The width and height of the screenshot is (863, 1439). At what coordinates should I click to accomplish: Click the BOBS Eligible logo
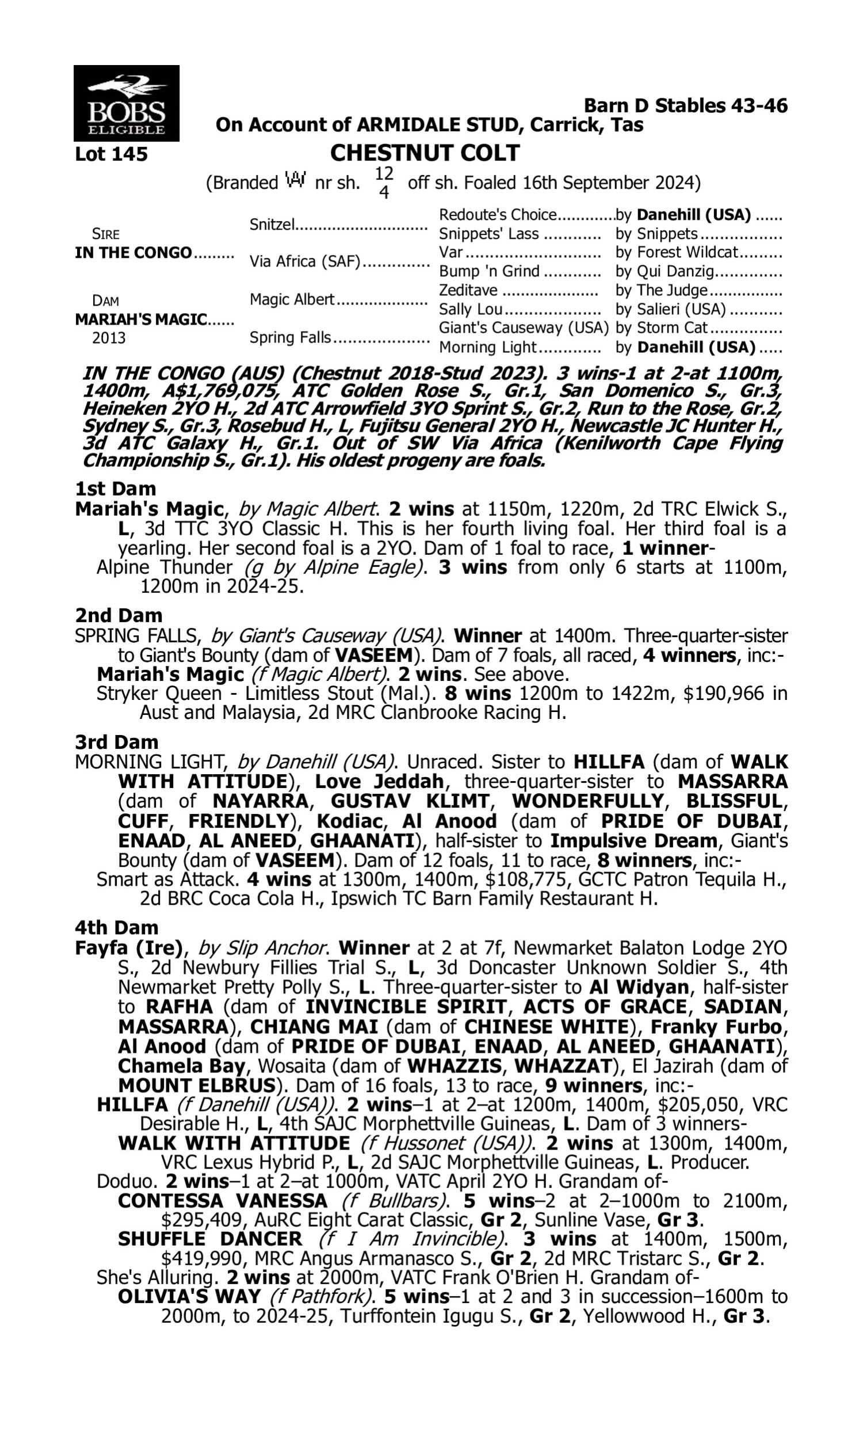126,103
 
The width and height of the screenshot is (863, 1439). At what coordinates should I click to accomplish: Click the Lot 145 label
111,154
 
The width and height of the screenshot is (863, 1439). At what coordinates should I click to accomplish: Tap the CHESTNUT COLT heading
425,153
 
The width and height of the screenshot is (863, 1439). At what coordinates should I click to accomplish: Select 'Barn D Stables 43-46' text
686,106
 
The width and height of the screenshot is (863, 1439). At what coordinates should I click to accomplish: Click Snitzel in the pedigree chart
272,224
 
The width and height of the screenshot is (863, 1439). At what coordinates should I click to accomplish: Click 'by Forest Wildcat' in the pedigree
677,253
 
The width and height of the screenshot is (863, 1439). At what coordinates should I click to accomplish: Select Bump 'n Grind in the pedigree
489,272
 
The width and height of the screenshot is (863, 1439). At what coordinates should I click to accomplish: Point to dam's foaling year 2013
108,338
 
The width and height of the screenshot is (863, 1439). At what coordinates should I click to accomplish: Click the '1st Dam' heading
115,489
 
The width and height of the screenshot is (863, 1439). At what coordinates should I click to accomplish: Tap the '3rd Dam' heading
116,742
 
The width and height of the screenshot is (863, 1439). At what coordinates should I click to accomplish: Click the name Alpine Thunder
164,567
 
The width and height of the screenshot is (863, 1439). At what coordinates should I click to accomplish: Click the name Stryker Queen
159,694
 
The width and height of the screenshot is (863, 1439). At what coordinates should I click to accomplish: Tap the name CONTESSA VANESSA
223,1201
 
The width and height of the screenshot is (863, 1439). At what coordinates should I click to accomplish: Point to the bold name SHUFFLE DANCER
210,1239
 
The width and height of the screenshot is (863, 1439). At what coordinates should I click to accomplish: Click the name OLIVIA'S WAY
189,1296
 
